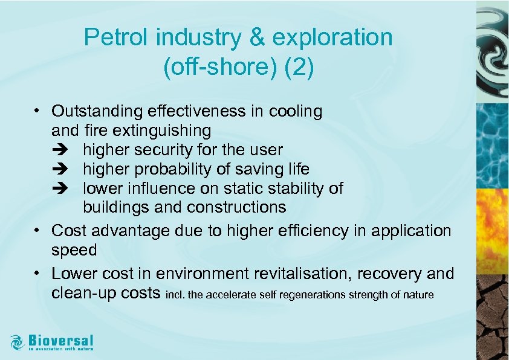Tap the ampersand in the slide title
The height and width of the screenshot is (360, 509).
(256, 37)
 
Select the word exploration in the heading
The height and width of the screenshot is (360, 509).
(332, 37)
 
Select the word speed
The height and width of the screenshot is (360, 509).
(74, 250)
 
